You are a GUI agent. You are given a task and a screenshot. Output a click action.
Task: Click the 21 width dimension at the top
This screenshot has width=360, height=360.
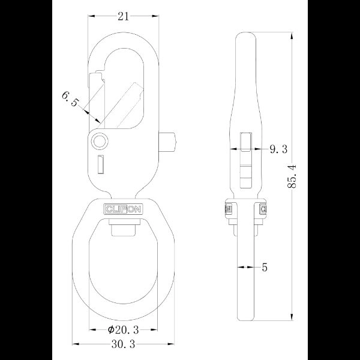coord(124,17)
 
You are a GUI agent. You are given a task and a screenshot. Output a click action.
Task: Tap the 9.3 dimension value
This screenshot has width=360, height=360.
coord(277,148)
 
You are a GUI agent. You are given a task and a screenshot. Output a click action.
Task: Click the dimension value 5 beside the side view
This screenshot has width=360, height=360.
coord(265,268)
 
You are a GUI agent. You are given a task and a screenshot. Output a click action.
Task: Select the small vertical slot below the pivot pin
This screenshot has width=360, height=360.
coord(101,163)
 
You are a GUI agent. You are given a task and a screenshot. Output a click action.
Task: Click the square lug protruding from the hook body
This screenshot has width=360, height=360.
coord(170,142)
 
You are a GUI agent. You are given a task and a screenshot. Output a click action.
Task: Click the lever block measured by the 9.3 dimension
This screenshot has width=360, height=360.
coord(245,144)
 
